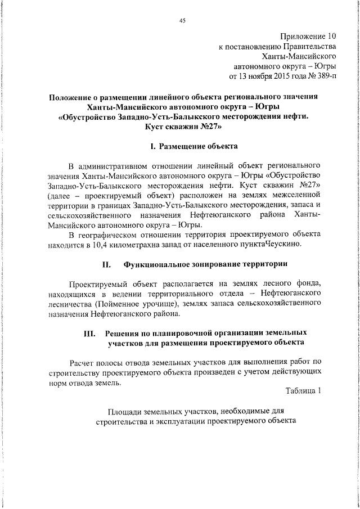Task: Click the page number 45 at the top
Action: click(x=182, y=21)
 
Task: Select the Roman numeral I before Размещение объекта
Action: click(x=152, y=146)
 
